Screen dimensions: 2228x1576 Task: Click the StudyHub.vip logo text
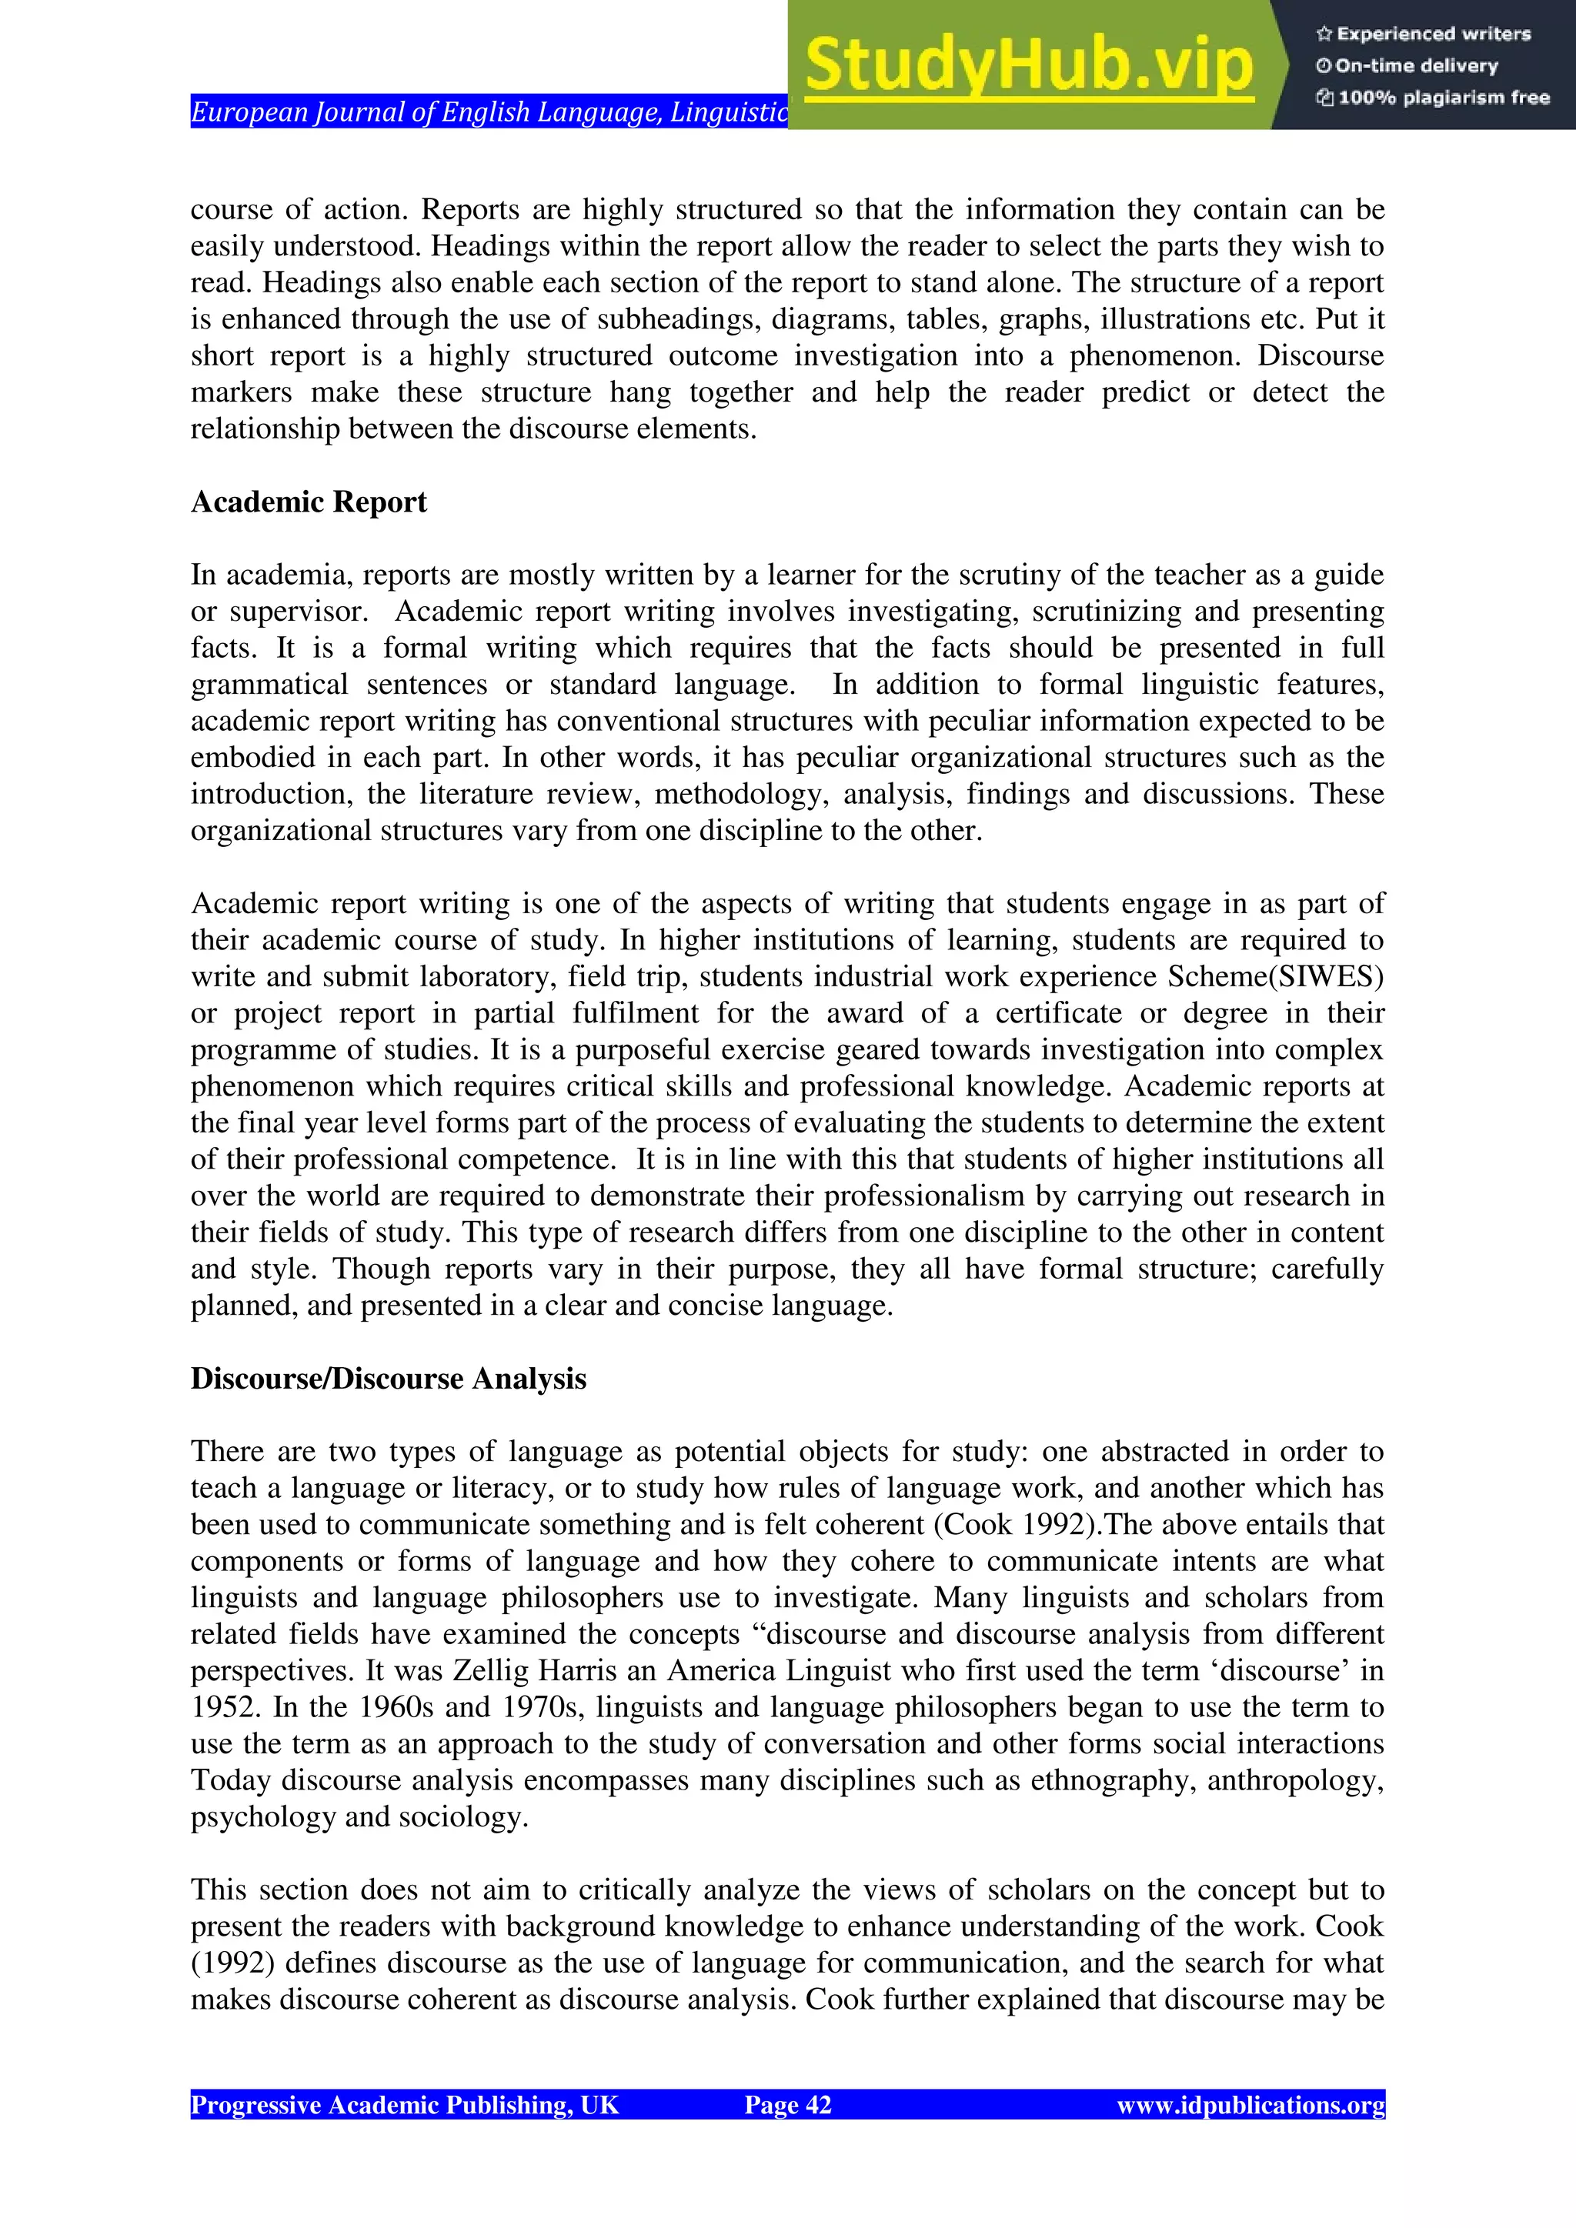(1029, 65)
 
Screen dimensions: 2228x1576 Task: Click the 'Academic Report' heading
(309, 502)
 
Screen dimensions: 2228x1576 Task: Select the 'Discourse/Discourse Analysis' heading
(388, 1378)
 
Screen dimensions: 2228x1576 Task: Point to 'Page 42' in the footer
(787, 2104)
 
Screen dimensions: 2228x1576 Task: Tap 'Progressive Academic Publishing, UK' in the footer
(404, 2104)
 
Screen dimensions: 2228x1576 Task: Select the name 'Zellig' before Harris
(491, 1670)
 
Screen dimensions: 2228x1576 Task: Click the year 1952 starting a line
(223, 1707)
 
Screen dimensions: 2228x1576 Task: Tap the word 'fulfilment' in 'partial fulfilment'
(635, 1013)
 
